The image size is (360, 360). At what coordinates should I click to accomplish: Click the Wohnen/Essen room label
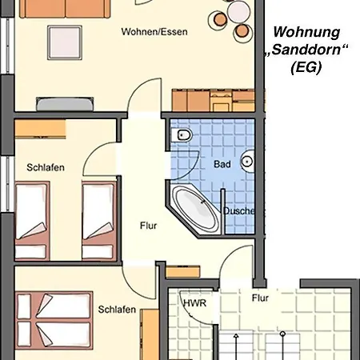click(x=154, y=32)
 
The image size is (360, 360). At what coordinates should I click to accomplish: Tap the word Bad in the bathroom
click(x=222, y=164)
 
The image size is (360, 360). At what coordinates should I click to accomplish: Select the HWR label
click(x=195, y=303)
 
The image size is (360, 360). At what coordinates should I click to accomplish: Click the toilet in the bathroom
click(x=182, y=135)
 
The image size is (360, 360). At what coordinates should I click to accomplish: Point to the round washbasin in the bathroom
click(x=248, y=162)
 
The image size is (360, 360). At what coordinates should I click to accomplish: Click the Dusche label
click(x=239, y=211)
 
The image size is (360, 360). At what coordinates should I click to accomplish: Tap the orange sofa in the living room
click(x=65, y=9)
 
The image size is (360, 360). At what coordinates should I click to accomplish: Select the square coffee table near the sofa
click(x=65, y=42)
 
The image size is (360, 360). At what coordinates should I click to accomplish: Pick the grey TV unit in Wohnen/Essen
click(x=65, y=104)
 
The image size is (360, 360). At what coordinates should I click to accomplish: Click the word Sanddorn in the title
click(x=306, y=50)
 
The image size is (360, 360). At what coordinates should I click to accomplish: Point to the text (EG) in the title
click(x=306, y=67)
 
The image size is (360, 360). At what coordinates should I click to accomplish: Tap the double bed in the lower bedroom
click(x=54, y=320)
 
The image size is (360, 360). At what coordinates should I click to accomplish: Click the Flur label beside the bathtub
click(x=148, y=226)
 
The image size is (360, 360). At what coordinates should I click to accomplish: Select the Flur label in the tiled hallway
click(x=260, y=298)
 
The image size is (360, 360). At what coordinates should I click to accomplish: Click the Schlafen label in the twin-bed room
click(x=46, y=167)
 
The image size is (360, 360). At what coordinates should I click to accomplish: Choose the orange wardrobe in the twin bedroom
click(x=40, y=129)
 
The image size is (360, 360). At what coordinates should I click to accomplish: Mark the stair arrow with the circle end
click(x=282, y=346)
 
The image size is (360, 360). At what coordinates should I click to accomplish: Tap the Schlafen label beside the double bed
click(x=117, y=310)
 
